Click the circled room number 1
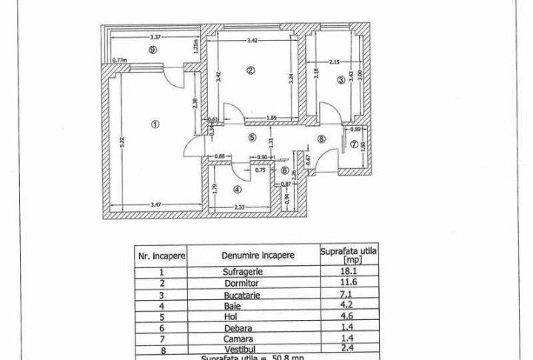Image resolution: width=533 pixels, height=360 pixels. (x=155, y=124)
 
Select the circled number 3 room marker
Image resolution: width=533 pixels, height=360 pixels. (x=341, y=81)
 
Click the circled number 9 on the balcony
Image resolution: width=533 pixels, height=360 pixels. (x=151, y=50)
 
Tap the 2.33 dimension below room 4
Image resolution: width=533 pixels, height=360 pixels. (x=239, y=207)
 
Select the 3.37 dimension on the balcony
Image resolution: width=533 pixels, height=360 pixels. (x=155, y=37)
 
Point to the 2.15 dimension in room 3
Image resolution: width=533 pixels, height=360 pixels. (x=335, y=62)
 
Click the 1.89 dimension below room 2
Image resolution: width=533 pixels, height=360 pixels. (x=272, y=119)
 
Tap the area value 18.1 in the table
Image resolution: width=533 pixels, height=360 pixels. (x=349, y=271)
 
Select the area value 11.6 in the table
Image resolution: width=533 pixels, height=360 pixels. (x=349, y=283)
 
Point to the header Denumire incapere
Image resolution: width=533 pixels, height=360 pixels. (x=258, y=255)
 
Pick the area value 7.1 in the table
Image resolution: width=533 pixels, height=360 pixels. (x=349, y=294)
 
